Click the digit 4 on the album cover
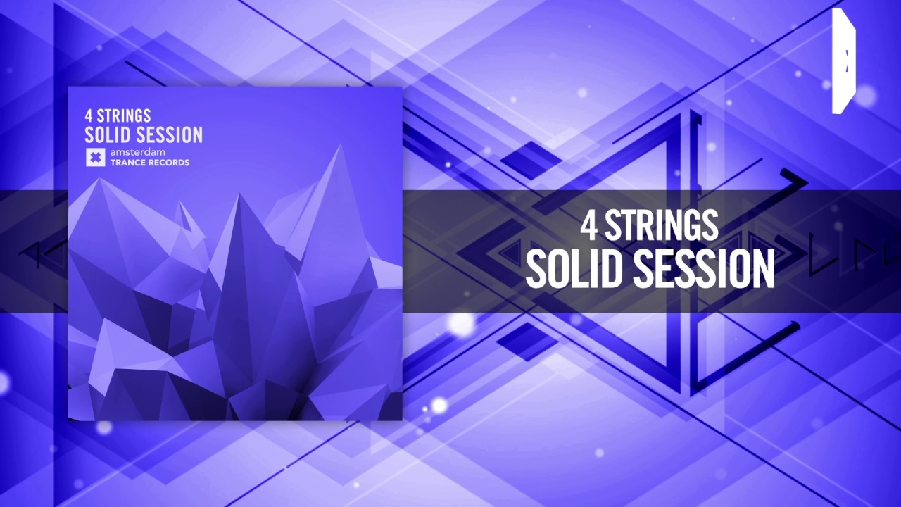[x=89, y=115]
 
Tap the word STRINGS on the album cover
[x=124, y=115]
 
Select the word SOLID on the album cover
[x=106, y=134]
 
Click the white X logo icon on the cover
[x=95, y=158]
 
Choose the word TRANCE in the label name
[x=127, y=163]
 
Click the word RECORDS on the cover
[x=169, y=163]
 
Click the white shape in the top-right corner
[x=843, y=61]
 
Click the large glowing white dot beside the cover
[x=461, y=323]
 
